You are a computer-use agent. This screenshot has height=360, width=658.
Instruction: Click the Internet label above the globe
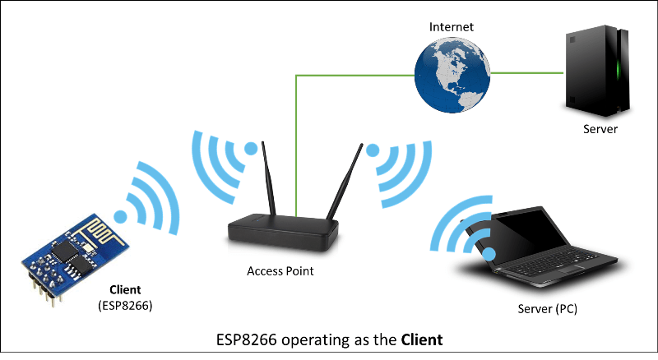tap(452, 27)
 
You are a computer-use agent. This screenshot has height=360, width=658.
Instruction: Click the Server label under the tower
tap(600, 130)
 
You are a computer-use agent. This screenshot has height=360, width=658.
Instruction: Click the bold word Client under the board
tap(125, 290)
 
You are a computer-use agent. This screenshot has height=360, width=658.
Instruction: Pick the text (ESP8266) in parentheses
tap(125, 306)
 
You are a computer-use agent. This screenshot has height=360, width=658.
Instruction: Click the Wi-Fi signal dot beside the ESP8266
tap(121, 217)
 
